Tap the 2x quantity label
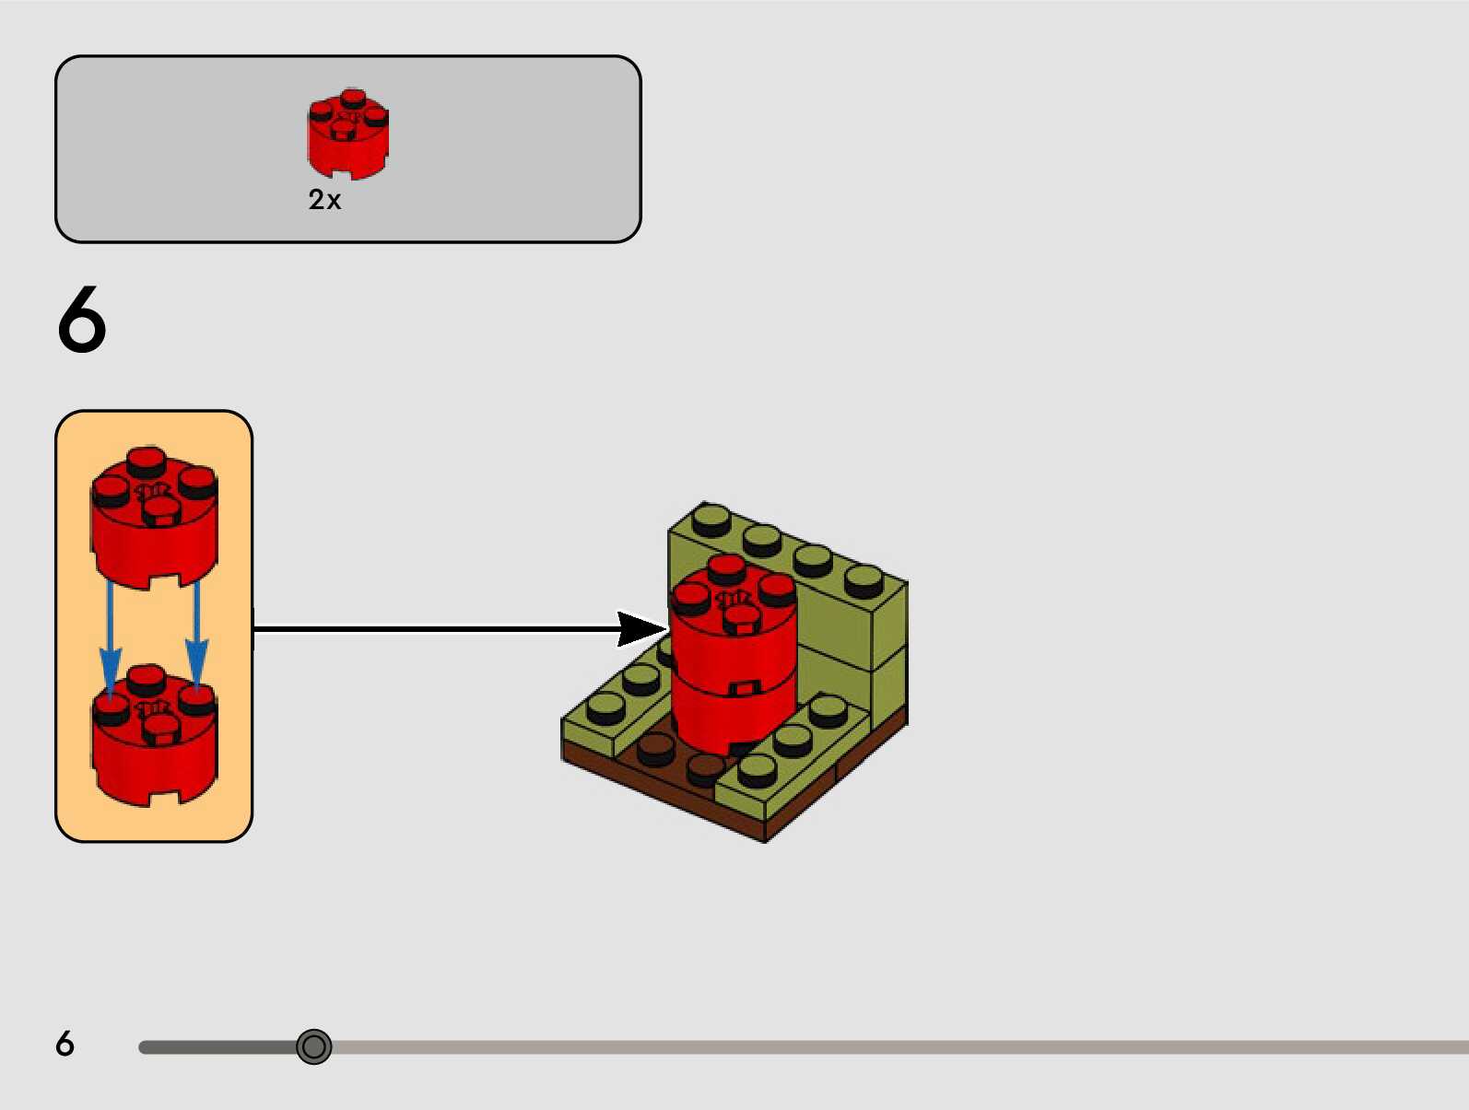(324, 200)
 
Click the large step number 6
(82, 320)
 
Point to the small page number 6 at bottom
(65, 1044)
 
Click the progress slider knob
(314, 1046)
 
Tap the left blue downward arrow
(111, 645)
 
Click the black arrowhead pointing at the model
(640, 629)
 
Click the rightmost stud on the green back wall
(864, 580)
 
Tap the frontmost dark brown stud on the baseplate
(706, 766)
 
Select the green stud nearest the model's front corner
(757, 769)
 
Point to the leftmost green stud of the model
(605, 707)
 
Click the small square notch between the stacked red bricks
(744, 688)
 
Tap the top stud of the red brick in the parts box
(352, 98)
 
